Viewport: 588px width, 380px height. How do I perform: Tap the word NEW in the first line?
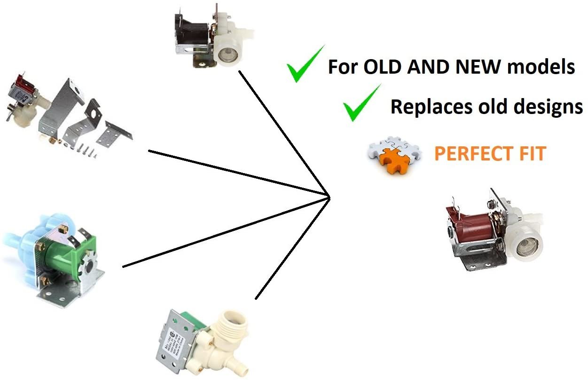478,67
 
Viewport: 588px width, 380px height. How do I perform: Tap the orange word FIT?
532,153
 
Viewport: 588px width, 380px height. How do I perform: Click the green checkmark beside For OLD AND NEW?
305,65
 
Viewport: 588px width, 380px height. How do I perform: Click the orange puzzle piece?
394,160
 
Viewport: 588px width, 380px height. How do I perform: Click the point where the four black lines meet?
329,196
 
